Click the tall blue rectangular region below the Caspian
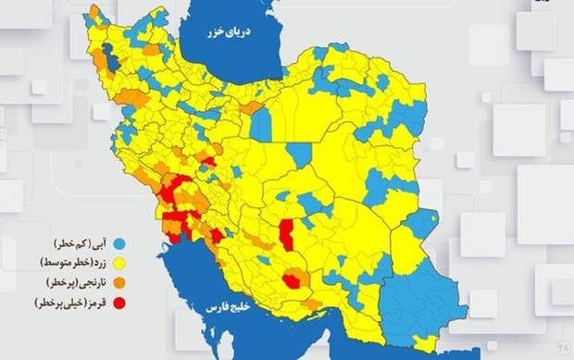[261, 125]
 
